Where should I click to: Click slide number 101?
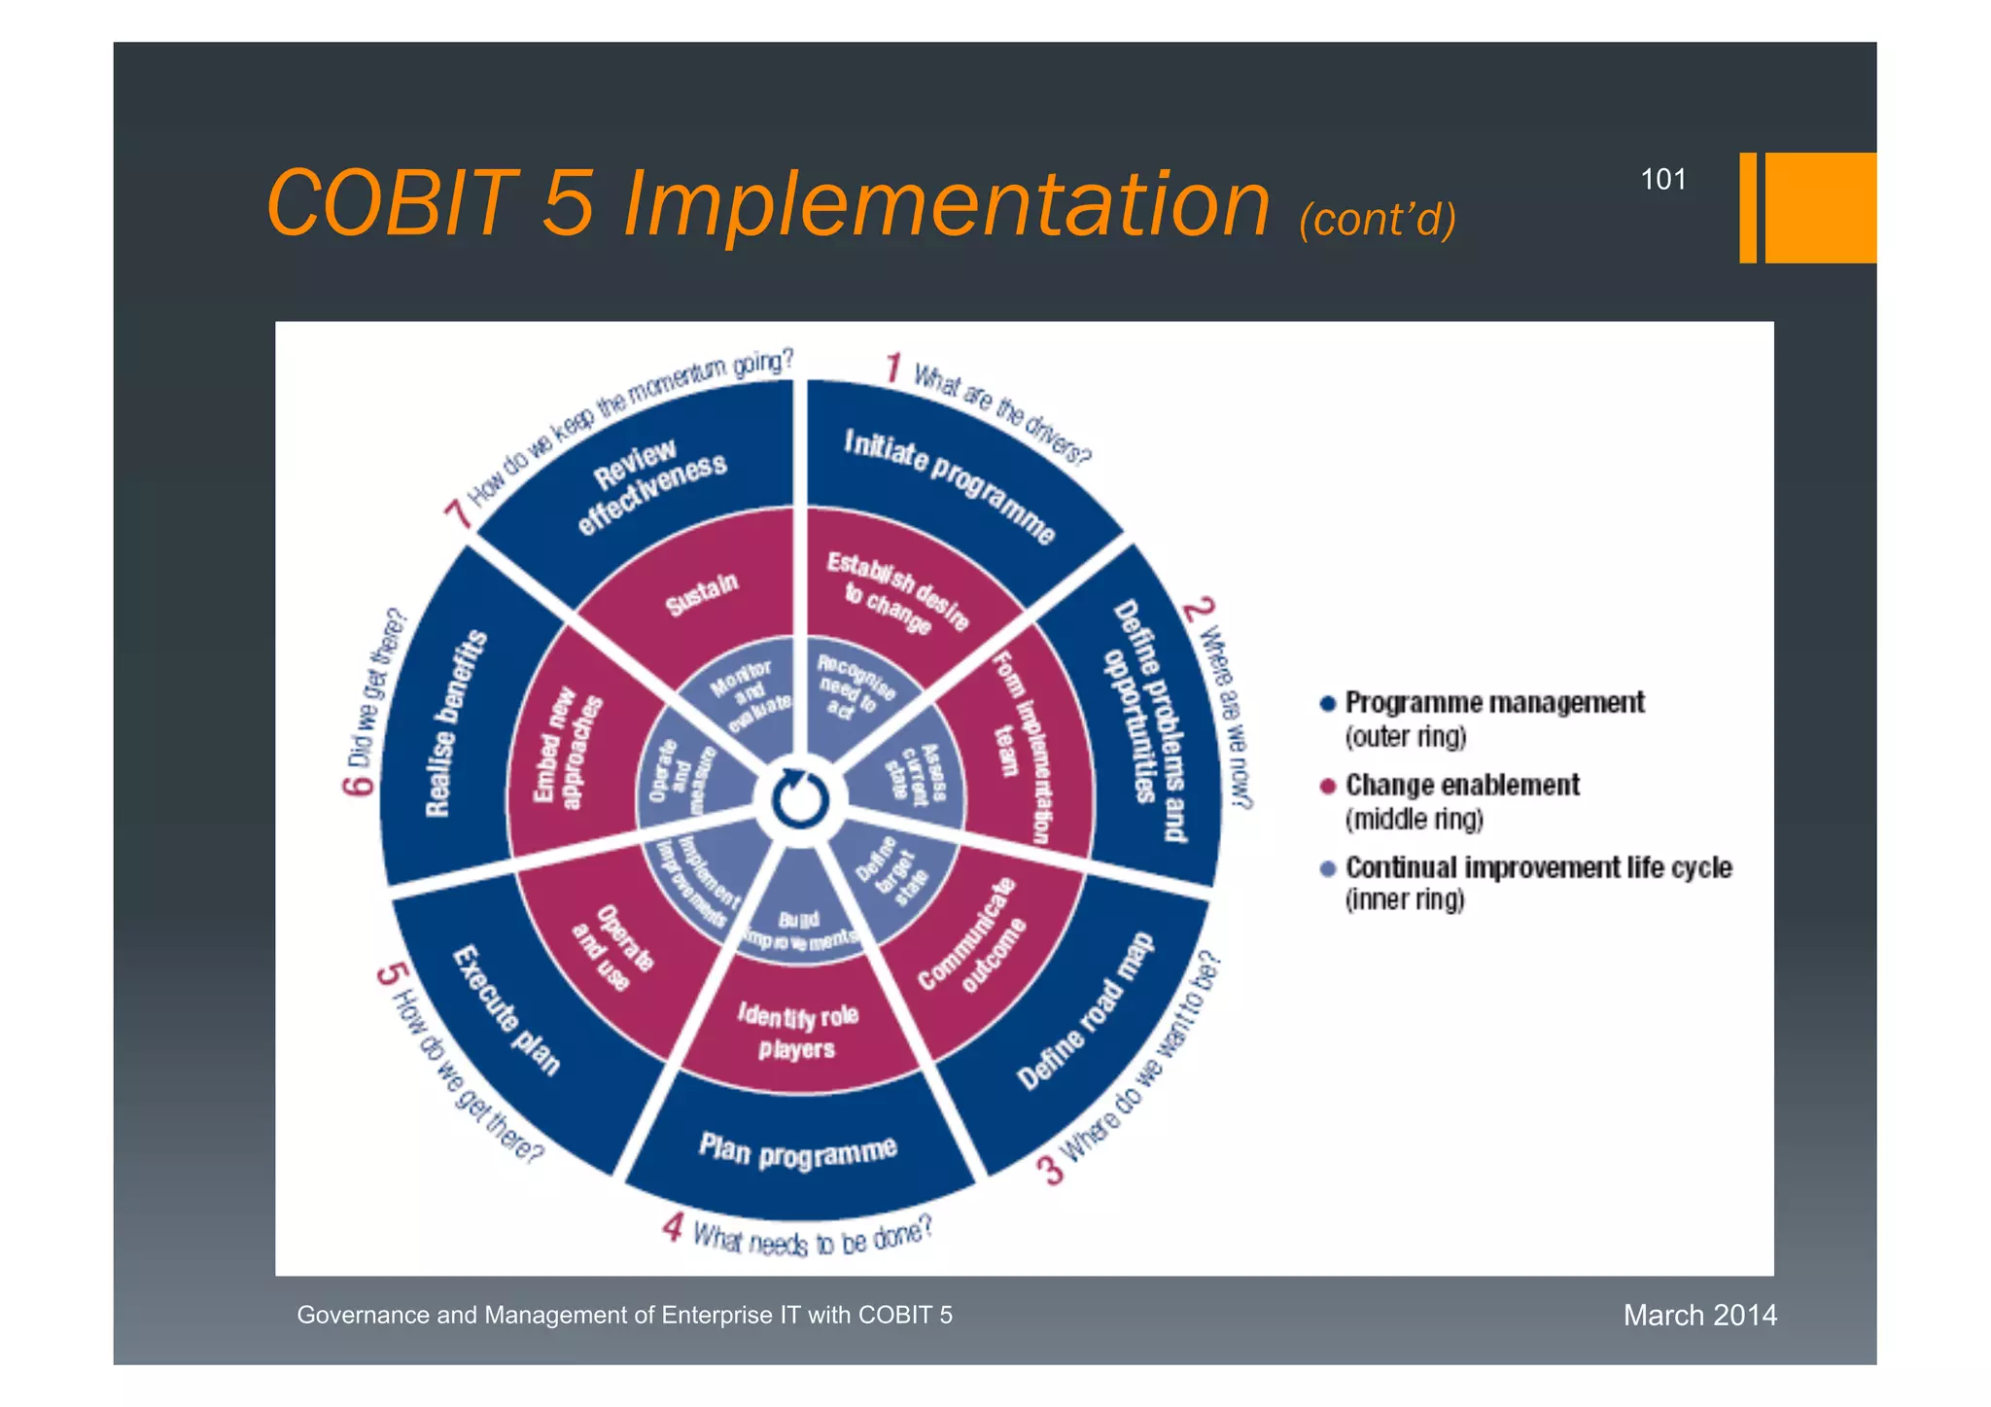pos(1662,179)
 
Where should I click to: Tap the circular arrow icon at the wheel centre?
pos(800,800)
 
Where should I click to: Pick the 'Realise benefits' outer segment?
pos(454,724)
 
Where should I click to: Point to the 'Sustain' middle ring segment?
pos(702,594)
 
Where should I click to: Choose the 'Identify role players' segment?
pos(797,1032)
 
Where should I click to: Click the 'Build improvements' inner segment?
pos(799,929)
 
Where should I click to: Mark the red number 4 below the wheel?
pos(673,1227)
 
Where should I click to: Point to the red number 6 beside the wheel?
pos(357,784)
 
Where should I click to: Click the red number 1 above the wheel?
pos(892,369)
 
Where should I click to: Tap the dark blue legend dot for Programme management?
pos(1327,703)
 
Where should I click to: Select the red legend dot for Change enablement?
pos(1327,786)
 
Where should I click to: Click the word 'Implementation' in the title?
pos(946,203)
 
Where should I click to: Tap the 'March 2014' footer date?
pos(1699,1315)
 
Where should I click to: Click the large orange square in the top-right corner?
pos(1820,207)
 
